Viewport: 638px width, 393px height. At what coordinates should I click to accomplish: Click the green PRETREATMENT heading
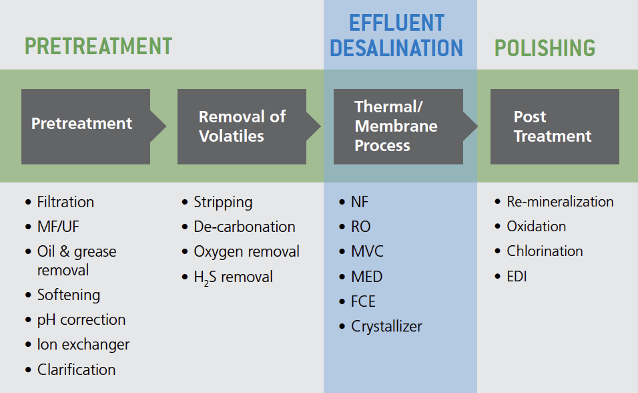[99, 46]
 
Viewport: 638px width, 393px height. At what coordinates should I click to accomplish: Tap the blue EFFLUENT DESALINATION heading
[396, 35]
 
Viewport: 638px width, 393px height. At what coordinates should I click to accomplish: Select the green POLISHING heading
[545, 48]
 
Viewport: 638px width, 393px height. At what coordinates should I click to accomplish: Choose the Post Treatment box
[555, 127]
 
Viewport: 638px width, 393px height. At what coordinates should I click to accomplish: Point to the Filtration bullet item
[65, 203]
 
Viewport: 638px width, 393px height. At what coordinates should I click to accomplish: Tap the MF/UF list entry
[58, 227]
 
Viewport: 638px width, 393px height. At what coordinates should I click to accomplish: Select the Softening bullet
[69, 295]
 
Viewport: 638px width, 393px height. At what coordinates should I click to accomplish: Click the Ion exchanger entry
[83, 344]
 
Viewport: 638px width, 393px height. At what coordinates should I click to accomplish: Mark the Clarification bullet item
[77, 370]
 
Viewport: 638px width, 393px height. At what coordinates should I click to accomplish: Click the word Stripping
[223, 203]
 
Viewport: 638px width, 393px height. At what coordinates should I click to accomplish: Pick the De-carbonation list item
[244, 227]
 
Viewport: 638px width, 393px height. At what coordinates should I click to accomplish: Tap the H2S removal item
[233, 277]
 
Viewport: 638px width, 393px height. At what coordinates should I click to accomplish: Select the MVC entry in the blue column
[367, 251]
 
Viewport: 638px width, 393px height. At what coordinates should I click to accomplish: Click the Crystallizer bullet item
[386, 327]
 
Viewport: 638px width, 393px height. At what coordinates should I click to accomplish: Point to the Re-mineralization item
[560, 202]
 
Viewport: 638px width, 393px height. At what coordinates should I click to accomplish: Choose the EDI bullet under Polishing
[517, 277]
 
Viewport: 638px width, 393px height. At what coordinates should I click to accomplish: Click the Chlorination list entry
[545, 251]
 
